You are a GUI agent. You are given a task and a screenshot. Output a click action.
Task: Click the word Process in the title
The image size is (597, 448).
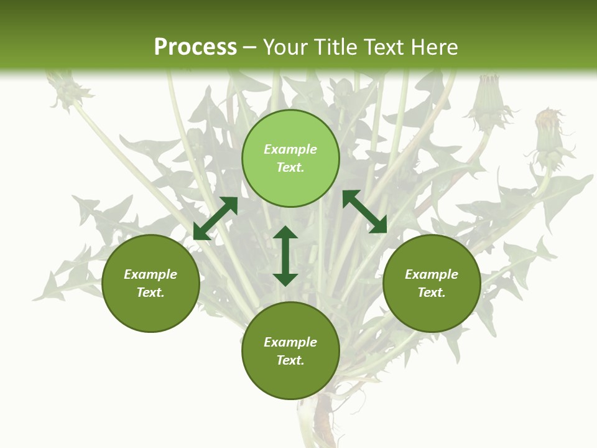(x=195, y=47)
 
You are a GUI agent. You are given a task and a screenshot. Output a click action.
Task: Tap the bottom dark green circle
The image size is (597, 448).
(x=290, y=380)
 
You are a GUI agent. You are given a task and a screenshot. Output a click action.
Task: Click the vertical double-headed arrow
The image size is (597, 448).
(x=285, y=256)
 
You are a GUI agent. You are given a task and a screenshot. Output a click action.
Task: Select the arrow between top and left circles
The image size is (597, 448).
(x=215, y=218)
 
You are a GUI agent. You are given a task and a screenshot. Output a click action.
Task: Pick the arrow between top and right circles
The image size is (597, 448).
(x=364, y=212)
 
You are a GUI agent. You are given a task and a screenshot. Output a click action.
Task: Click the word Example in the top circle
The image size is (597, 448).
(x=290, y=149)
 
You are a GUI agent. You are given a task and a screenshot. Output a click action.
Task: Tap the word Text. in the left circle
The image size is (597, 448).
(x=150, y=292)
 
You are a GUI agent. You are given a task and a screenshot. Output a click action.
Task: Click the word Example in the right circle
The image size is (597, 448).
(x=432, y=274)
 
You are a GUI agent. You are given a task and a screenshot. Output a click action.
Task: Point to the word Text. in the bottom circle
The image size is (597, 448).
(x=290, y=360)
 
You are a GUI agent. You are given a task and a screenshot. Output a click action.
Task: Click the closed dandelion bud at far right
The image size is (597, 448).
(x=548, y=134)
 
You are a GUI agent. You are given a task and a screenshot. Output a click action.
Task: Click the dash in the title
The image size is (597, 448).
(x=249, y=48)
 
